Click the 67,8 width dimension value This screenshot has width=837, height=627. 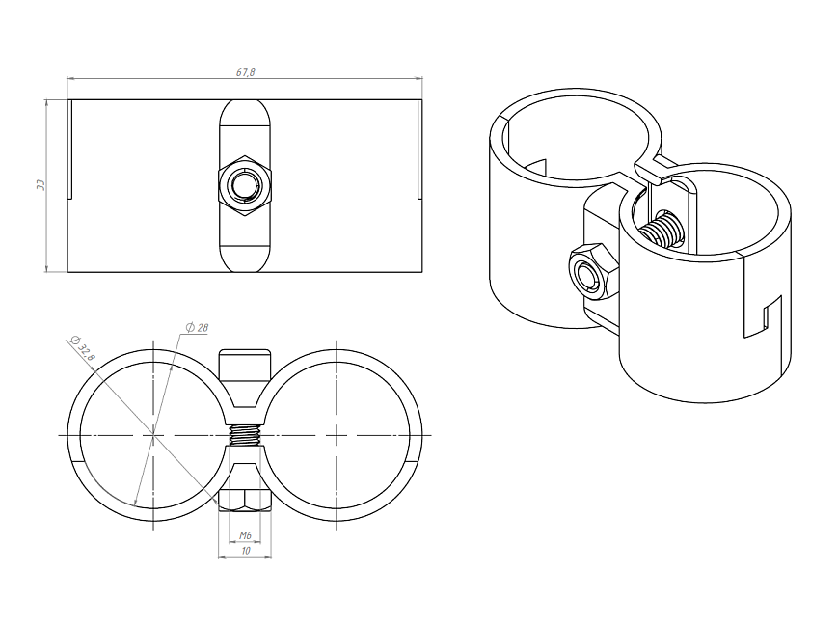pos(246,72)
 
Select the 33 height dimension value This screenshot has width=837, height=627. pos(40,185)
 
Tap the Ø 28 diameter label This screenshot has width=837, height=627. pos(197,327)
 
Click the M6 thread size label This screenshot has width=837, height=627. pos(245,535)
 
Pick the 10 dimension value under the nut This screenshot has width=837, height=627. pos(246,551)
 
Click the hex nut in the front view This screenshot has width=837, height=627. pos(245,185)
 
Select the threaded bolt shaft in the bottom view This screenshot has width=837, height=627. pos(245,436)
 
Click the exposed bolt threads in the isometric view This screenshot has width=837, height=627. pos(661,230)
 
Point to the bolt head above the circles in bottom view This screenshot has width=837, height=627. pos(245,366)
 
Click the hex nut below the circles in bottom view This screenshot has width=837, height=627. pos(245,500)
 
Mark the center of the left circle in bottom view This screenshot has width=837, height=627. pos(153,436)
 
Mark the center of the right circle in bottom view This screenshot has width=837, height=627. pos(337,436)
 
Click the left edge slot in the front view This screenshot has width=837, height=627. pos(70,149)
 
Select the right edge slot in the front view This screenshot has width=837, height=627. pos(419,149)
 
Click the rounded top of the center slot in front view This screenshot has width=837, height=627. pos(245,112)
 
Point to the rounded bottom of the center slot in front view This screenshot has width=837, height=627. pos(245,259)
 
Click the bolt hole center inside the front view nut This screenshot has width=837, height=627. pos(245,185)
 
